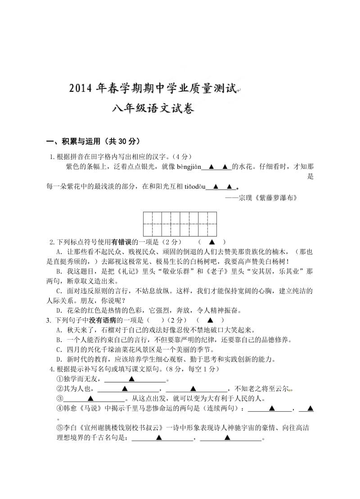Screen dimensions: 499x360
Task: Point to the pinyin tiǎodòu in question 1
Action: (194, 186)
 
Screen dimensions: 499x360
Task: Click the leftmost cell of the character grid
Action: (148, 224)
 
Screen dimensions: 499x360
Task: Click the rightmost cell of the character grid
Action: (212, 224)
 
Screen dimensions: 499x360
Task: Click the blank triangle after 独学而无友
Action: (132, 379)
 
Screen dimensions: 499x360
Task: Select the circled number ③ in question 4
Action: (59, 399)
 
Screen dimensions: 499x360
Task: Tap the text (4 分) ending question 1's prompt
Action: (184, 157)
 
